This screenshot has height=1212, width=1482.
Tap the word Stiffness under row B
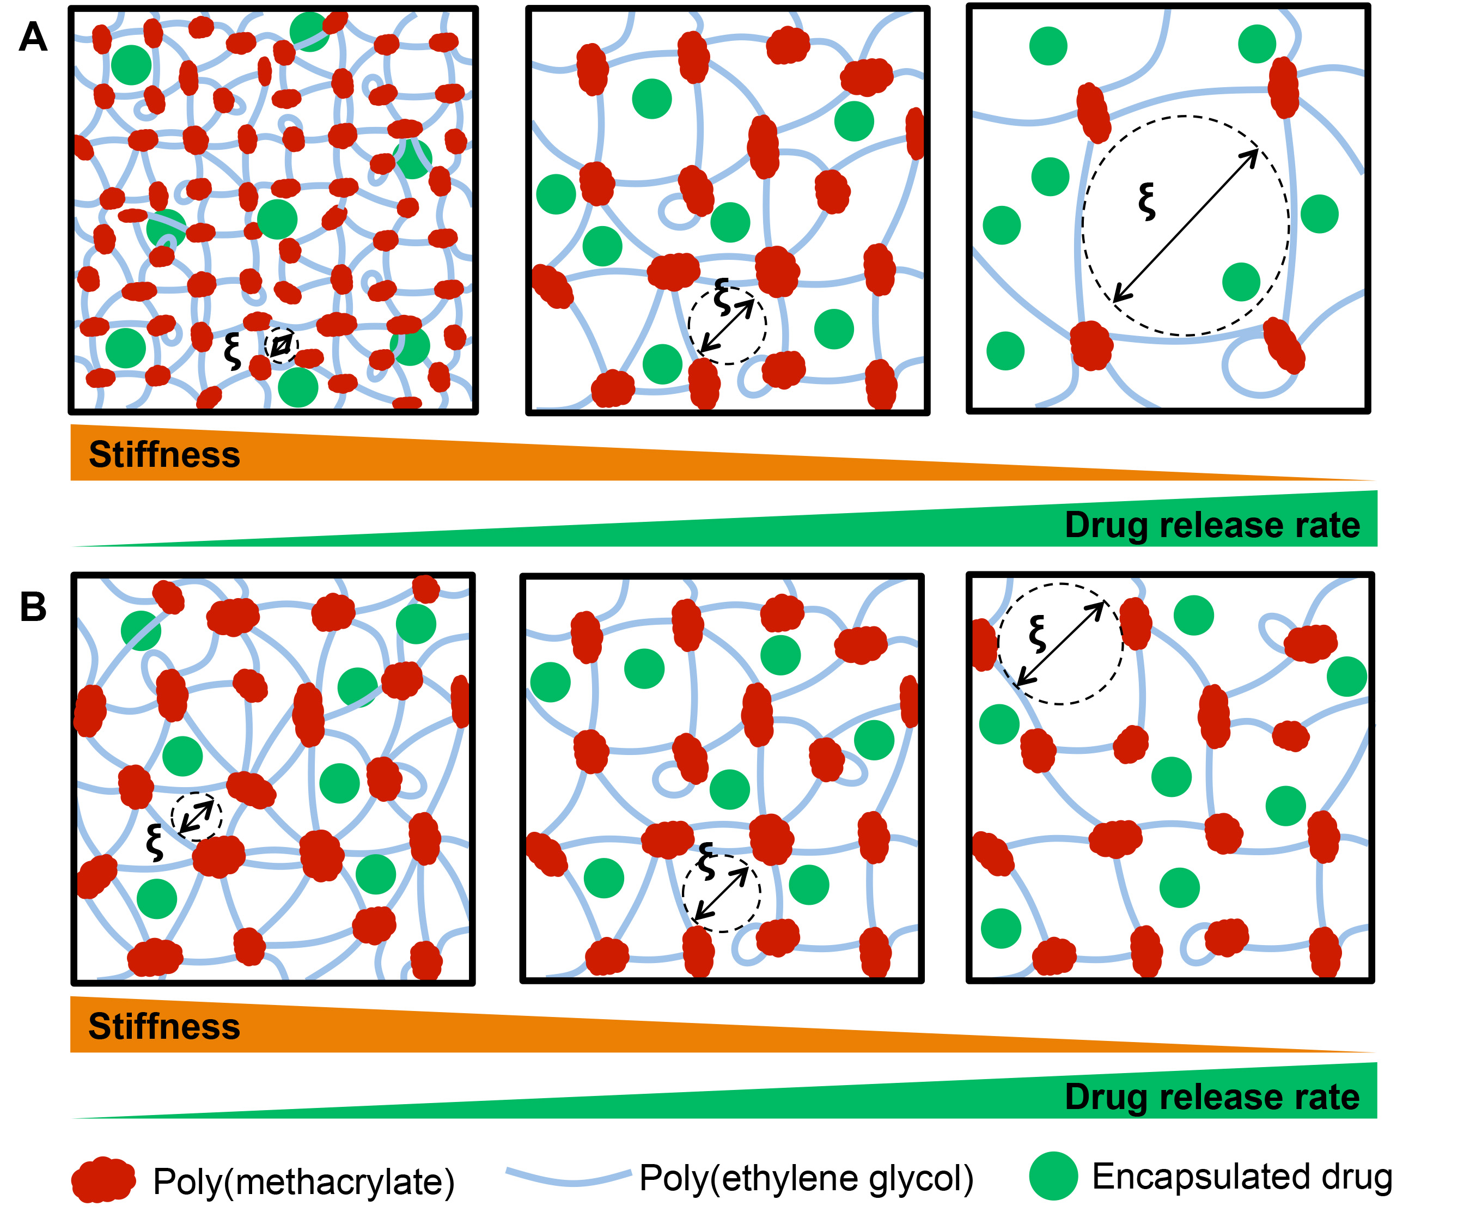click(x=164, y=1026)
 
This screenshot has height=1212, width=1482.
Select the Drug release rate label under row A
click(x=1212, y=525)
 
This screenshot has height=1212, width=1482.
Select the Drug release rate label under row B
click(x=1212, y=1097)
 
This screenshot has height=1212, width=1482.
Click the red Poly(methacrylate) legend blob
click(x=103, y=1179)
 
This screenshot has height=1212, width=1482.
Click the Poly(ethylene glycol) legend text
click(x=806, y=1178)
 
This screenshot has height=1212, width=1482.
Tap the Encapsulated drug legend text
click(x=1242, y=1177)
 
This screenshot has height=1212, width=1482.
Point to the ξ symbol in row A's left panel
click(x=233, y=351)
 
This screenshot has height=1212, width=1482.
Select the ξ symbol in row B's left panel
click(x=154, y=842)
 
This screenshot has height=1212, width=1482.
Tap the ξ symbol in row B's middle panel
click(x=706, y=861)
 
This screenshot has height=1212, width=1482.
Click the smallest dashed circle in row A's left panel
click(x=282, y=345)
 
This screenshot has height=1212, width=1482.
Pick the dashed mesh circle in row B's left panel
click(x=197, y=816)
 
